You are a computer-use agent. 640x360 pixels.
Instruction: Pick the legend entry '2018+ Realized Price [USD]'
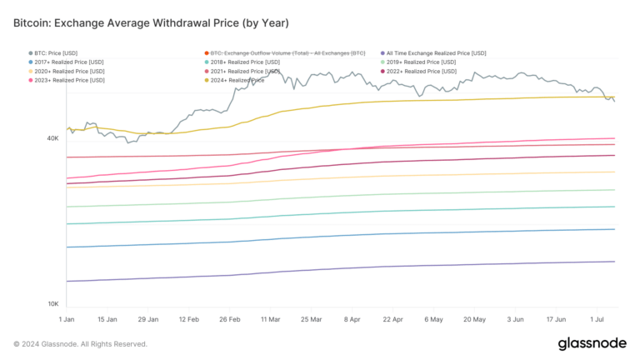(249, 62)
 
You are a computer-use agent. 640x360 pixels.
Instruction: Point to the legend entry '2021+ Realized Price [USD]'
(249, 72)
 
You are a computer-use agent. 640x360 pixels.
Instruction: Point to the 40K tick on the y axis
(52, 138)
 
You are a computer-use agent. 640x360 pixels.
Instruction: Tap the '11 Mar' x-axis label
(270, 319)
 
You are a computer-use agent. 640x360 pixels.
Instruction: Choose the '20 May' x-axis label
(473, 319)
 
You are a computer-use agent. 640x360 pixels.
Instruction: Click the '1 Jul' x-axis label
(595, 319)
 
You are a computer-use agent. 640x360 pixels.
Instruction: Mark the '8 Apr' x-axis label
(351, 319)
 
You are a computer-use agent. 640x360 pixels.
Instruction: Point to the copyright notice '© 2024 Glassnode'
(80, 343)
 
